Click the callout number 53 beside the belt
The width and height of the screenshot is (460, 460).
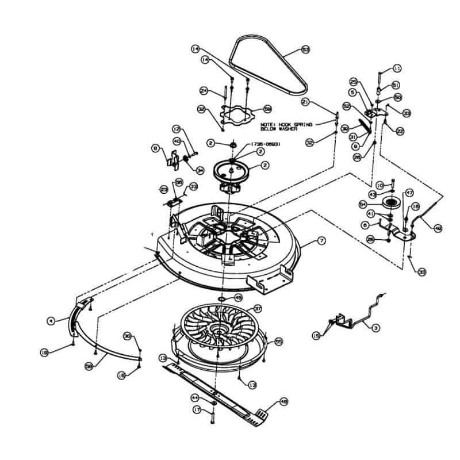305,50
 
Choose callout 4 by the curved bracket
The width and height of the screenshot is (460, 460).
51,321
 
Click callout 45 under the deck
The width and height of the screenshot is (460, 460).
238,298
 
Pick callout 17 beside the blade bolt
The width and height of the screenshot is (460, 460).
197,409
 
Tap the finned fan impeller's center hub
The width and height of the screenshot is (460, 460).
220,331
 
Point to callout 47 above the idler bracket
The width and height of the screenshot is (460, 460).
410,193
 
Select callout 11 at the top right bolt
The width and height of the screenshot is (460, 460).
397,68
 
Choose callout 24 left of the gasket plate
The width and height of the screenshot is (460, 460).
203,90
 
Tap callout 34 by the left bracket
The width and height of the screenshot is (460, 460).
200,170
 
